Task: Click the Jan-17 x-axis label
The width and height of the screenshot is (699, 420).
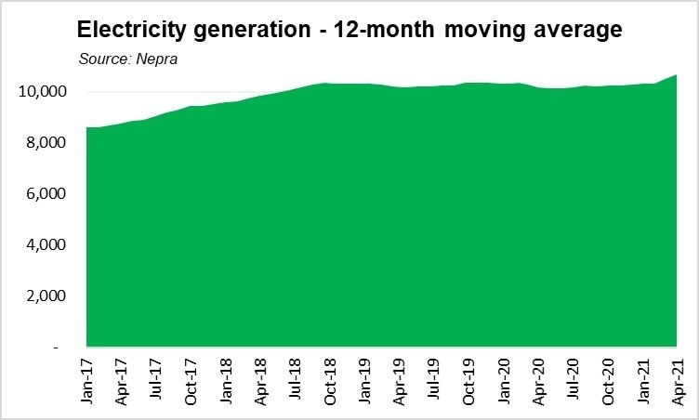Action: click(x=87, y=381)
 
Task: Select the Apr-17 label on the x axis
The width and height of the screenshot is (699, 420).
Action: click(x=122, y=381)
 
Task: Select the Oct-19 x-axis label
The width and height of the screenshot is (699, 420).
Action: click(x=469, y=381)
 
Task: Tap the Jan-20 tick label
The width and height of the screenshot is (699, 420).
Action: click(x=504, y=381)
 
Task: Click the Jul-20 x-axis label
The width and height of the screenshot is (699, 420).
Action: click(x=574, y=381)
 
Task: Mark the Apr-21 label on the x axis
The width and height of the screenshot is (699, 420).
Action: click(x=678, y=381)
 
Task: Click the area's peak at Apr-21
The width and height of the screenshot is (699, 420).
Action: click(x=676, y=75)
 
